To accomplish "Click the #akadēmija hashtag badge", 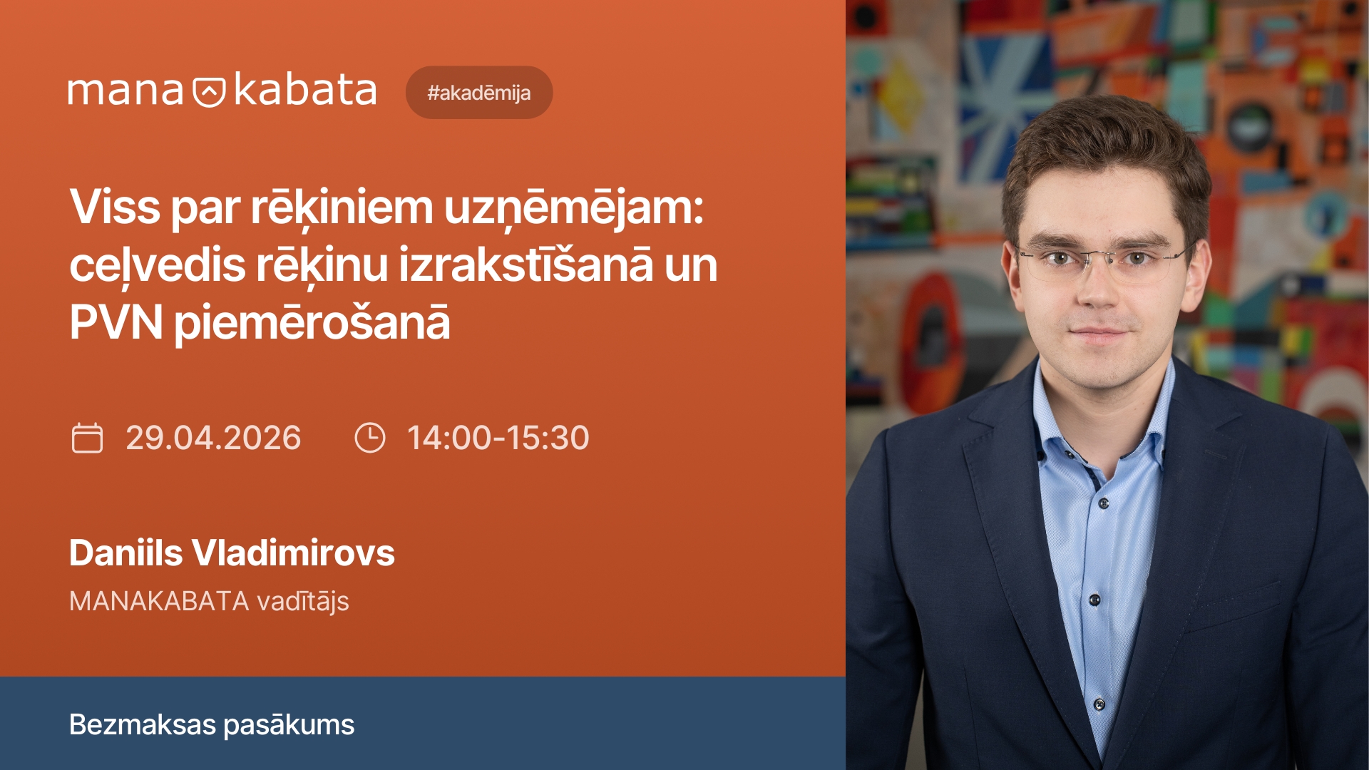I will point(478,93).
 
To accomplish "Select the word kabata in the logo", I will point(304,91).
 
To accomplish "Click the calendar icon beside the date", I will point(87,438).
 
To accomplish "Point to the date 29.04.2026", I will point(213,438).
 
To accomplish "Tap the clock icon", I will point(369,438).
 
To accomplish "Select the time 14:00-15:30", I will point(498,438).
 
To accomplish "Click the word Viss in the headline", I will point(115,207).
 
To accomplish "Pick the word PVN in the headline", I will point(116,322).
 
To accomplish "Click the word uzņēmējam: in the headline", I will point(574,209).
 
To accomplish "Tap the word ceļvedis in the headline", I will point(158,265).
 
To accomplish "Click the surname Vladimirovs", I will point(293,553).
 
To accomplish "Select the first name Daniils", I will point(126,553).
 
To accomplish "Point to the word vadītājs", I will point(303,602).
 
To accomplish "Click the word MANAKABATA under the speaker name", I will point(159,602).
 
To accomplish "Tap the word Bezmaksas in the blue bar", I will point(142,725).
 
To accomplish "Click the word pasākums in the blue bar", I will point(289,726).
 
